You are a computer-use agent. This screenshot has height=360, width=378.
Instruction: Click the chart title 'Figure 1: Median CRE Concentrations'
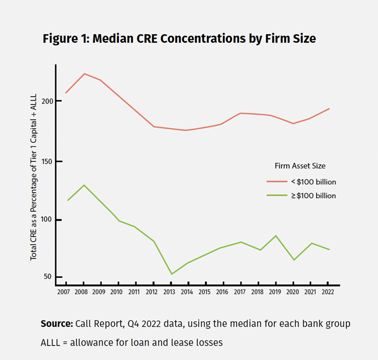point(179,39)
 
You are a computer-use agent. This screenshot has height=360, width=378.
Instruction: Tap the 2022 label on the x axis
point(328,292)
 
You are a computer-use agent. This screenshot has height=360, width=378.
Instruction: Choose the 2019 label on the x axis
point(276,292)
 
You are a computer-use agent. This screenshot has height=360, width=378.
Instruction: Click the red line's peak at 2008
point(84,74)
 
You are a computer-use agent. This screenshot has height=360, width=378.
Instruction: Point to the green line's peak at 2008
point(84,185)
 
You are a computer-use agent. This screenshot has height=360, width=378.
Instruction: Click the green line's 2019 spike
point(276,235)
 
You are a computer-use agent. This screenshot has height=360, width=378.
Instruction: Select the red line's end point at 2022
point(329,109)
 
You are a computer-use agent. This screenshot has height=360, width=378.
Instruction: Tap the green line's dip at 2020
point(294,260)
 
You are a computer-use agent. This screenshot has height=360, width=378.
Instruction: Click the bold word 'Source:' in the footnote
point(57,324)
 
